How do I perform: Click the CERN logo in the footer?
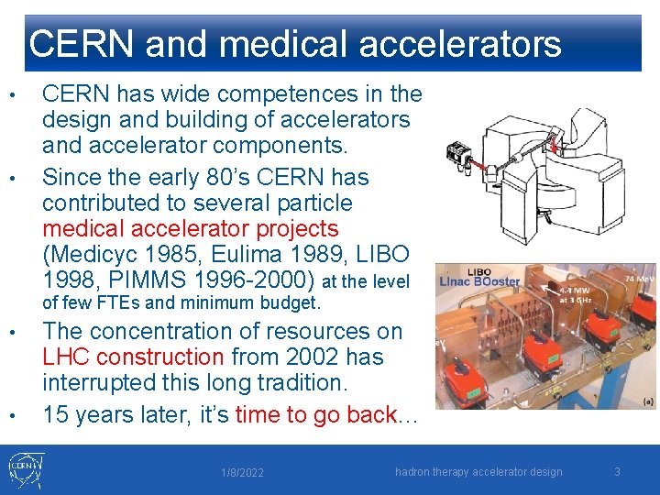(25, 468)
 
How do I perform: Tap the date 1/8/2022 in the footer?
(242, 473)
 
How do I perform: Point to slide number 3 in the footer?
(617, 472)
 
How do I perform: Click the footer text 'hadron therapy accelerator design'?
(478, 472)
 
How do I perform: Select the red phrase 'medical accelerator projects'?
(191, 228)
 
